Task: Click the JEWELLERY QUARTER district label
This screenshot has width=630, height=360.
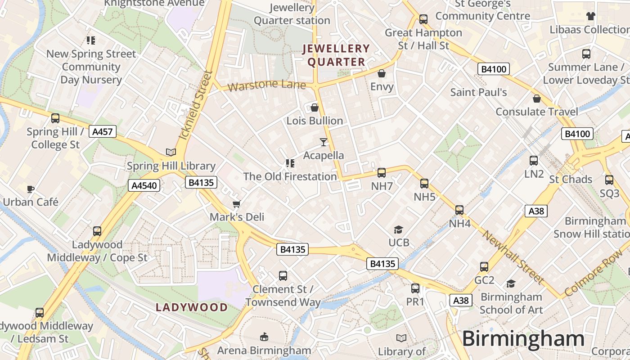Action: click(x=336, y=55)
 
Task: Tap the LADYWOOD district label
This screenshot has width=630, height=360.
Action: click(x=192, y=307)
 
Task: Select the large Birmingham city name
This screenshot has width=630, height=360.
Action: click(x=523, y=338)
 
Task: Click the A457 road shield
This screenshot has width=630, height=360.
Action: click(x=103, y=131)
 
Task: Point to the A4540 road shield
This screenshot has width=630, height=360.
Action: click(x=144, y=185)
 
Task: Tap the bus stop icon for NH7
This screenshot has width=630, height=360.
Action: click(x=382, y=172)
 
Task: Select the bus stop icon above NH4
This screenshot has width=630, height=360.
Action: click(x=459, y=210)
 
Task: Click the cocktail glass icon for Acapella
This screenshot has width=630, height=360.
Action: click(x=323, y=142)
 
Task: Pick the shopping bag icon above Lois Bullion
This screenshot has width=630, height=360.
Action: click(x=314, y=108)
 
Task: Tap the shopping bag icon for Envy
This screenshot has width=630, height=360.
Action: click(x=382, y=73)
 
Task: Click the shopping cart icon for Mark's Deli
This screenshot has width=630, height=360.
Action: click(x=237, y=204)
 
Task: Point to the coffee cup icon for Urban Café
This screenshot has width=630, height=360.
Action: click(x=30, y=189)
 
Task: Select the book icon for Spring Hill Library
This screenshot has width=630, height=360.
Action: click(x=171, y=153)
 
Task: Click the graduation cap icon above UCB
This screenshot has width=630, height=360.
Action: click(x=398, y=229)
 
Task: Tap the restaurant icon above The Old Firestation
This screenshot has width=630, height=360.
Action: click(x=290, y=163)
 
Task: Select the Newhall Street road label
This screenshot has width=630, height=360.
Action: click(x=513, y=258)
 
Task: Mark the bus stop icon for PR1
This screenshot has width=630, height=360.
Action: click(x=415, y=288)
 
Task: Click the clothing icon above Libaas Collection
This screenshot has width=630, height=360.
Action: click(x=591, y=17)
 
